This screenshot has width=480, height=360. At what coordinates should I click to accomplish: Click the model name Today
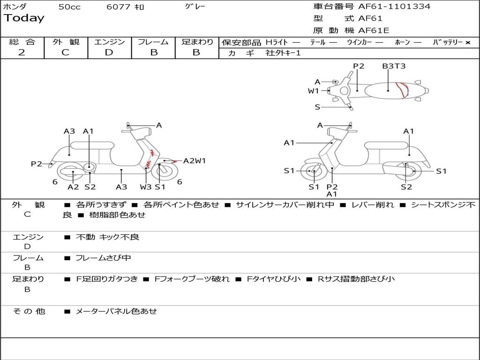pos(24,18)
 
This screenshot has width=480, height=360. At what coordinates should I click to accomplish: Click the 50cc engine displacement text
pos(69,7)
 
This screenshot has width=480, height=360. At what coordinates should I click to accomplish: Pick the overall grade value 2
pos(22,52)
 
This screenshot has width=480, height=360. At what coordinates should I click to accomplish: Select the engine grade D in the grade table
pos(109,52)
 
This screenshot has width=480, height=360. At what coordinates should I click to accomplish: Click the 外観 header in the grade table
pos(66,42)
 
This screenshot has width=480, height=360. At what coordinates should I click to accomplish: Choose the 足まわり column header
pos(197,42)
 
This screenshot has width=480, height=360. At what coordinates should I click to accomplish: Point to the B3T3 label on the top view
pos(394,66)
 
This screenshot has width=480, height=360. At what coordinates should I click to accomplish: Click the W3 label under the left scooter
pos(146,187)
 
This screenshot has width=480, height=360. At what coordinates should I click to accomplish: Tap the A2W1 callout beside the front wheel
pos(195,161)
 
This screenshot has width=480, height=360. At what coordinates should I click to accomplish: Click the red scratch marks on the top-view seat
pos(402,90)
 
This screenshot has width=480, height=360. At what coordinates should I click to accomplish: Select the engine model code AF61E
pos(374,31)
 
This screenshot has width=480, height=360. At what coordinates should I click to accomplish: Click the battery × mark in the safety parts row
pos(467,43)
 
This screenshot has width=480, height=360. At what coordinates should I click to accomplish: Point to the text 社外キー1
pos(283,53)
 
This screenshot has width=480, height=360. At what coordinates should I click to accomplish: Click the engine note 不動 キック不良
pos(107,237)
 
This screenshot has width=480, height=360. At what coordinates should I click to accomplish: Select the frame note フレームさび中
pos(103,258)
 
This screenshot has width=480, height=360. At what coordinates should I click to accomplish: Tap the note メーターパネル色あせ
pos(116,311)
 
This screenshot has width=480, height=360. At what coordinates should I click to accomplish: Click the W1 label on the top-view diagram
pos(313,91)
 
